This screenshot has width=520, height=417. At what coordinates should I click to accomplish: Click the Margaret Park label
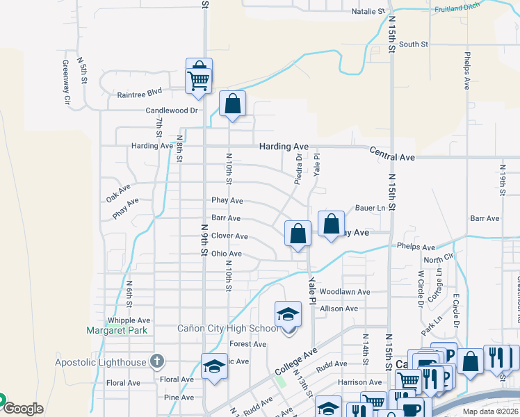117,330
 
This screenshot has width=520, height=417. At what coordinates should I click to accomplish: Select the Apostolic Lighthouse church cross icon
158,361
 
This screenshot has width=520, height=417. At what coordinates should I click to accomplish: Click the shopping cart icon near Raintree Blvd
199,81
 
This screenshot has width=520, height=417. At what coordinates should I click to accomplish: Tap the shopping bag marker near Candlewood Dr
233,104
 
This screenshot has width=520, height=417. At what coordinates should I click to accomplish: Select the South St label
414,44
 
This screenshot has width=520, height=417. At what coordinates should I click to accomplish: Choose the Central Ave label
392,158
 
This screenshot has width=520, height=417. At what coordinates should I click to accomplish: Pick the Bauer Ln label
370,208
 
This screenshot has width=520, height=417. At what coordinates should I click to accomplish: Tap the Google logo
22,409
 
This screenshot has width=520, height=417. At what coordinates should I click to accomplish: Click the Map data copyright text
491,411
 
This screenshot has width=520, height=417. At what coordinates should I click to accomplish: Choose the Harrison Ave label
360,382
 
